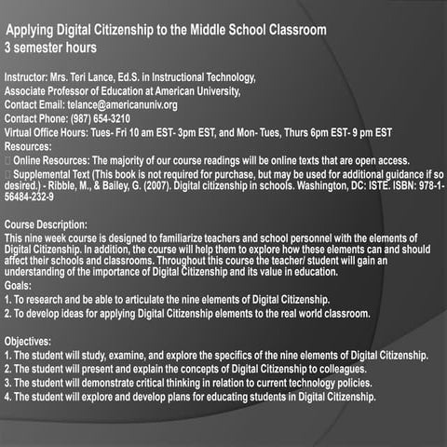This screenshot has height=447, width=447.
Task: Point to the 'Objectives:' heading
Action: tap(30, 342)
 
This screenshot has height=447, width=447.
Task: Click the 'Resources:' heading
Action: tap(28, 146)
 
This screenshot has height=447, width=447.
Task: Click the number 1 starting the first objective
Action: tap(7, 356)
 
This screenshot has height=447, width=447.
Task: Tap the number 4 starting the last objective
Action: tap(7, 396)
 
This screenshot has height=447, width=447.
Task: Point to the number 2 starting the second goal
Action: tap(7, 315)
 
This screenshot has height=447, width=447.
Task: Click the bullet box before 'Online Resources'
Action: tap(7, 160)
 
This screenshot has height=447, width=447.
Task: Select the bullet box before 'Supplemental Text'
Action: tap(7, 174)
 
